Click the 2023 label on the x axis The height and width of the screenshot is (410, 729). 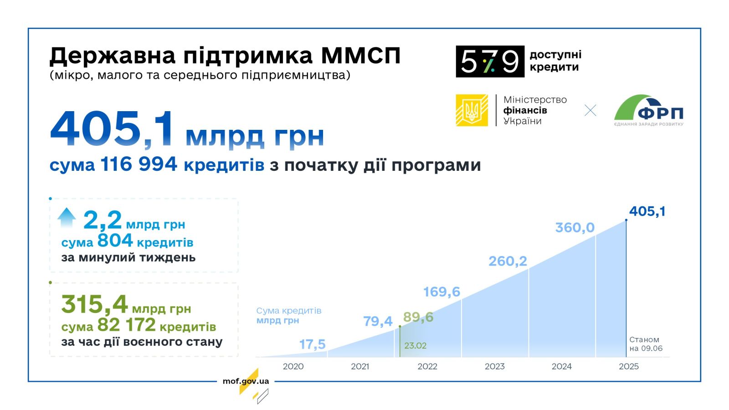point(495,366)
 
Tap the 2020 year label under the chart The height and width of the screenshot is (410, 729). point(293,366)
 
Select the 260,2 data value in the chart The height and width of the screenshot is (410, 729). point(508,261)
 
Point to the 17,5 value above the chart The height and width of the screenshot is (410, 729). point(313,344)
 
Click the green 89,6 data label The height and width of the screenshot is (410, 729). point(418,317)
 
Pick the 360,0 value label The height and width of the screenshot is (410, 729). point(575,227)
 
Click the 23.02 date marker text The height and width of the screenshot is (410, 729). point(415,346)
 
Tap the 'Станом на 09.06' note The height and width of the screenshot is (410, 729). point(646,344)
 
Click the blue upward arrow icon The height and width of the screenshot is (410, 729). point(67,217)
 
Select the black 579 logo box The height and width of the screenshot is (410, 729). point(490,61)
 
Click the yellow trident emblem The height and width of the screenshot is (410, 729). point(472,110)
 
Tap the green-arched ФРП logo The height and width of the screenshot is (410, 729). point(649,110)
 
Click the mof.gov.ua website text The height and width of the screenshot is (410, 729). point(246,381)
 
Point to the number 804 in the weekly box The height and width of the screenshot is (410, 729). point(115,241)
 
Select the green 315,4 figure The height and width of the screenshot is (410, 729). point(94,304)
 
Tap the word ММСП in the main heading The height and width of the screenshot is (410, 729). point(360,56)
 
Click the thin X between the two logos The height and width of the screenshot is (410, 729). point(590,110)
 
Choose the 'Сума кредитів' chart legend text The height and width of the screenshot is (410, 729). point(289,311)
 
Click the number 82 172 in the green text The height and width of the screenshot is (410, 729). point(127,325)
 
